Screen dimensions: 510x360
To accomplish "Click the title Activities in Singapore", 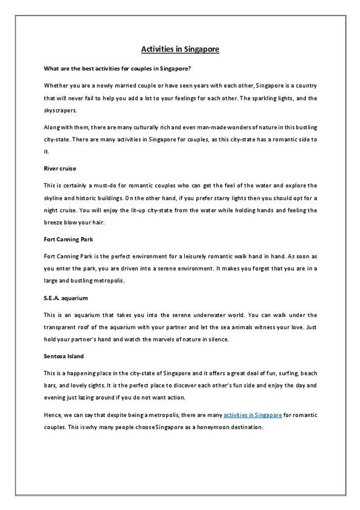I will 180,49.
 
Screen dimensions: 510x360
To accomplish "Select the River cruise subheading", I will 60,167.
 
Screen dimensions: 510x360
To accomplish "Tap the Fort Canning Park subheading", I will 68,239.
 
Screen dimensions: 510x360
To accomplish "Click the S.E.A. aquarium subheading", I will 65,298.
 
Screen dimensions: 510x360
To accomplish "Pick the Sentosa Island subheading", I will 64,356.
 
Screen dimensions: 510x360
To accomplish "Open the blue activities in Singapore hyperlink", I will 253,414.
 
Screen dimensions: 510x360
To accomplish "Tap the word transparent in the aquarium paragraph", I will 63,328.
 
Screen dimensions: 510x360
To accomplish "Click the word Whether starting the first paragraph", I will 55,85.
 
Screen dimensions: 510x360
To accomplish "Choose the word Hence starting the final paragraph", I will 52,415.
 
